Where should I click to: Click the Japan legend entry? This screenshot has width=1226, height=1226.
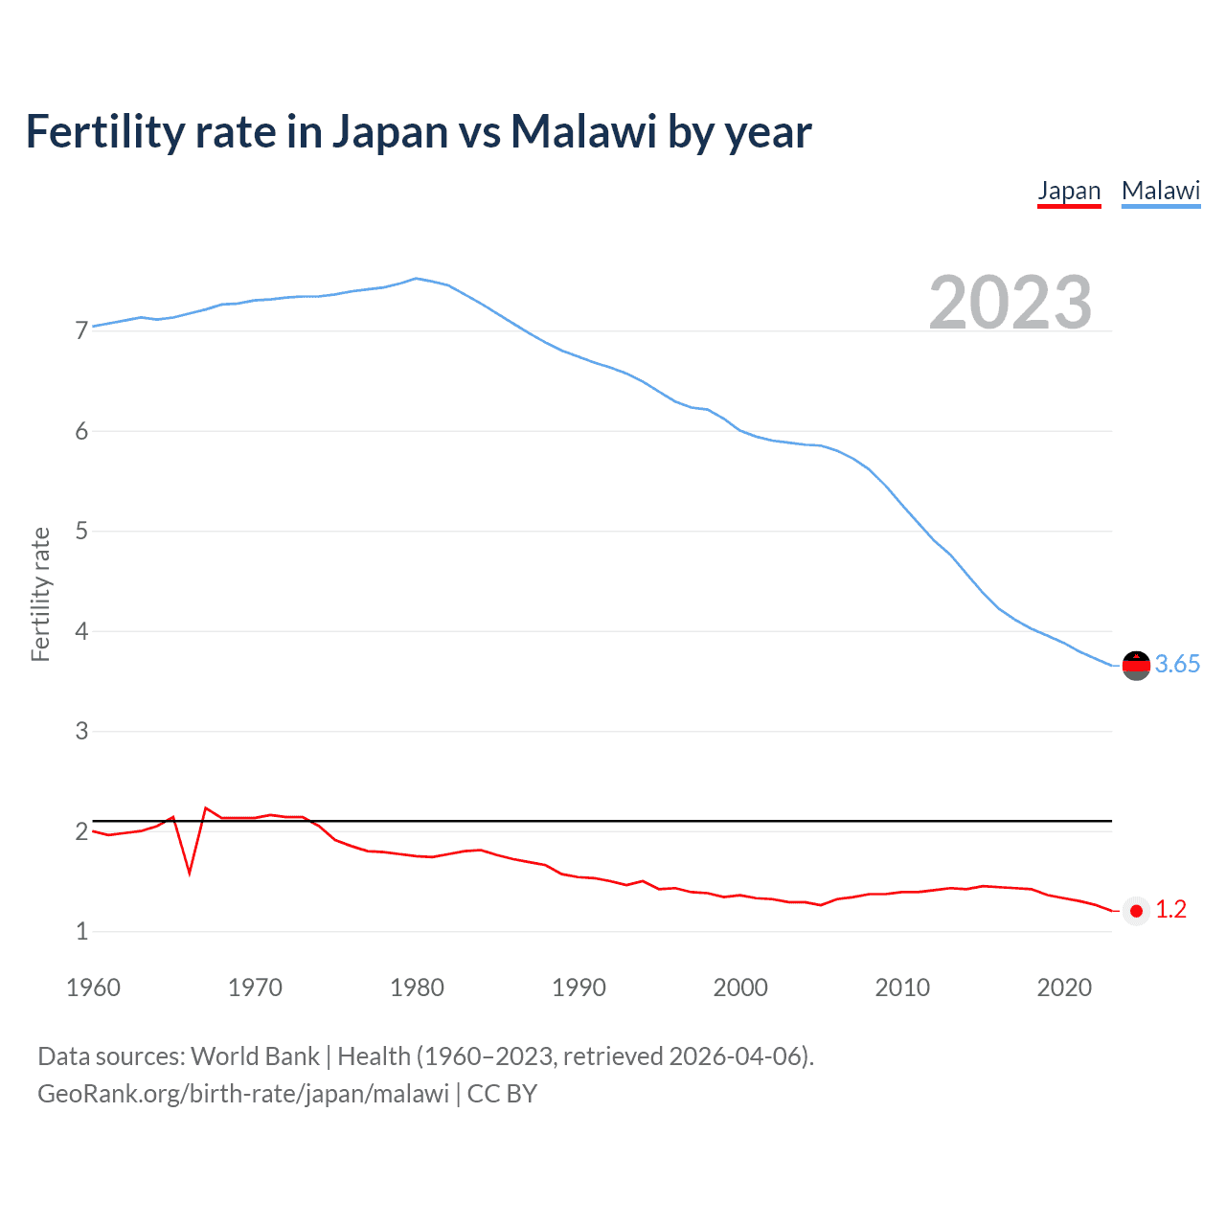point(1069,191)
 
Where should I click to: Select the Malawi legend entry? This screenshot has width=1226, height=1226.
point(1161,191)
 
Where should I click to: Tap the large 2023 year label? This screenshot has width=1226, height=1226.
point(1010,303)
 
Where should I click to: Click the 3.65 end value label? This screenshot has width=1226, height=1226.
point(1177,664)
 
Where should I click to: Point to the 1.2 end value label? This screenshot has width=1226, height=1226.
point(1170,910)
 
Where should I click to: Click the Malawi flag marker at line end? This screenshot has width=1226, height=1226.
point(1136,665)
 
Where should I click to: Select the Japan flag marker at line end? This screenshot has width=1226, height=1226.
point(1136,911)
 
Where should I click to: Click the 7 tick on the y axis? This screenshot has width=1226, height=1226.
point(81,331)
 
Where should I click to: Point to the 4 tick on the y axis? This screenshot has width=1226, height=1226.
point(81,631)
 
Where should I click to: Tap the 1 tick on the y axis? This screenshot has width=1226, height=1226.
point(81,931)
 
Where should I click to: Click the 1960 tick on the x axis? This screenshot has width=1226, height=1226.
point(93,988)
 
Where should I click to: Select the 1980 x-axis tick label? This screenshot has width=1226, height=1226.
point(417,988)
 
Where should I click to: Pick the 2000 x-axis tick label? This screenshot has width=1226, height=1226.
point(740,988)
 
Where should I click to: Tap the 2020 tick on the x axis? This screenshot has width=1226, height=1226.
point(1064,988)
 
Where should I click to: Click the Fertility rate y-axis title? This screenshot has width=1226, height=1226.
point(40,594)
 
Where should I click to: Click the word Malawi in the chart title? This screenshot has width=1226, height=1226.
point(582,132)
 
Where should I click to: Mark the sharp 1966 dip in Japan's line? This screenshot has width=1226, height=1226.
point(190,873)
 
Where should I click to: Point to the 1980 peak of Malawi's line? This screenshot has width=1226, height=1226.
point(416,279)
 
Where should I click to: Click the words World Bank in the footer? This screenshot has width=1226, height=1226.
point(255,1056)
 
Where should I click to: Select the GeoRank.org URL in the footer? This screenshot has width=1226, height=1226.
point(243,1094)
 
